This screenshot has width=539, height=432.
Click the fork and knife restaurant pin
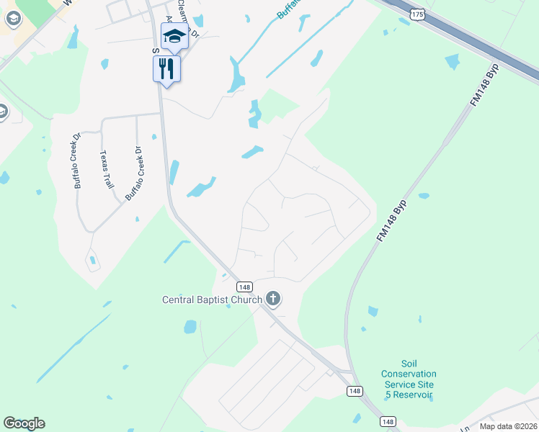(x=167, y=68)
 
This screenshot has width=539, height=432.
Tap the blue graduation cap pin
(x=174, y=35)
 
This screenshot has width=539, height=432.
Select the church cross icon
(x=272, y=298)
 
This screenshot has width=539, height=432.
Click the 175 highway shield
(x=416, y=14)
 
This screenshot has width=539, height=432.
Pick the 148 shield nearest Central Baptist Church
(x=244, y=287)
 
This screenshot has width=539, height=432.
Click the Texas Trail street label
(x=107, y=169)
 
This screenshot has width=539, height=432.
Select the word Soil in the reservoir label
(x=409, y=364)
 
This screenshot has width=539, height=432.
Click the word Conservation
(x=409, y=374)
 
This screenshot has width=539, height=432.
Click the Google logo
(x=24, y=423)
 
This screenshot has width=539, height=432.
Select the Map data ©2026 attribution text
(x=508, y=426)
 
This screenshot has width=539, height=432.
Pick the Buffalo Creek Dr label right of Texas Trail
(x=134, y=174)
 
